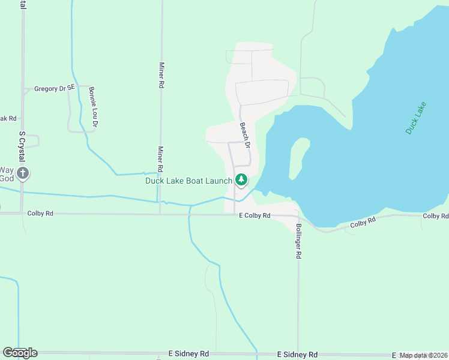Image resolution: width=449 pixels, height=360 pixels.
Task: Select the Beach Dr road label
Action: [x=244, y=132]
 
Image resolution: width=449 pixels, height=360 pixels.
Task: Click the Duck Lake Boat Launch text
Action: [x=188, y=181]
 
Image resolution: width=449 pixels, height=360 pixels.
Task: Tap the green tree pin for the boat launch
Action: [x=241, y=179]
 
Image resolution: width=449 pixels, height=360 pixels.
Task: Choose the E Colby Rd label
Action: [x=255, y=215]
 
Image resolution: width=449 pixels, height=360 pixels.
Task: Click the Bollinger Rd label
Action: [x=298, y=241]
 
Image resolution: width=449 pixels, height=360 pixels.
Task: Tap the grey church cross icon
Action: [x=23, y=174]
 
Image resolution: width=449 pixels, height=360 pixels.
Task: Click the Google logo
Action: [x=20, y=353]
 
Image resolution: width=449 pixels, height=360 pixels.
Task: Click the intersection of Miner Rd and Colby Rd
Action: [x=160, y=214]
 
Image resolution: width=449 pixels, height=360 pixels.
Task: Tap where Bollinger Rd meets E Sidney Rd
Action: [x=298, y=354]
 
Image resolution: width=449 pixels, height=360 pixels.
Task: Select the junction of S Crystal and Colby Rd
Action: [x=22, y=213]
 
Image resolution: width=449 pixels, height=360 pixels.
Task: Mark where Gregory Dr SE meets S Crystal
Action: [x=23, y=91]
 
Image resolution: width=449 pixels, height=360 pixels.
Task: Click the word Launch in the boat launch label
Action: [x=218, y=181]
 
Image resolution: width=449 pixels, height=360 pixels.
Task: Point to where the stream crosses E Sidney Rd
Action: [x=257, y=353]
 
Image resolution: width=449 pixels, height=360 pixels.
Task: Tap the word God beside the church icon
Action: [x=6, y=179]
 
